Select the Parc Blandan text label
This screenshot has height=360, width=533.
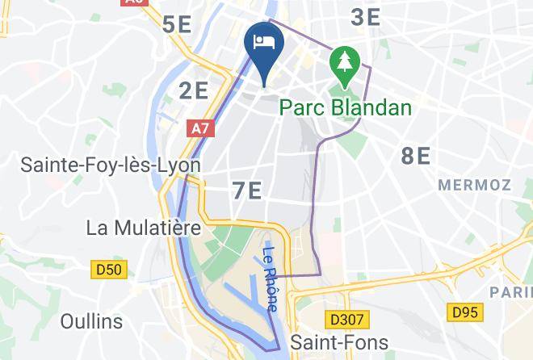pyautogui.click(x=346, y=107)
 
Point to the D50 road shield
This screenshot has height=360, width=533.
pyautogui.click(x=109, y=270)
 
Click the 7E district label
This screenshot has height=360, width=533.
pyautogui.click(x=246, y=191)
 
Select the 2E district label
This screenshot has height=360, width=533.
pyautogui.click(x=194, y=90)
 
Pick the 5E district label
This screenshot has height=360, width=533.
pyautogui.click(x=176, y=24)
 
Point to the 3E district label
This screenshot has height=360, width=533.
pyautogui.click(x=366, y=16)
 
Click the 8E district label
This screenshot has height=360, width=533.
pyautogui.click(x=416, y=157)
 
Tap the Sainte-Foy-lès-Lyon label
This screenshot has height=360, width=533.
pyautogui.click(x=110, y=165)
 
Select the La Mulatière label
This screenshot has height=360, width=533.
pyautogui.click(x=143, y=228)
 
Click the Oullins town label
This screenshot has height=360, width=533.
pyautogui.click(x=91, y=321)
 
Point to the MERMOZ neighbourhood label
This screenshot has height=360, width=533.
pyautogui.click(x=474, y=185)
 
